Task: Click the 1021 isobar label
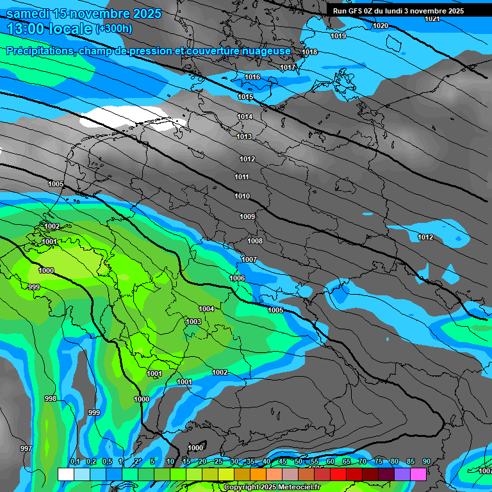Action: [432, 19]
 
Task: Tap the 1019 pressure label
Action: [338, 36]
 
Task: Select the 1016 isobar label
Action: [252, 77]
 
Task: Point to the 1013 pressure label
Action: [244, 136]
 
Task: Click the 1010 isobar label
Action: [242, 196]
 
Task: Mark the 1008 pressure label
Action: [255, 241]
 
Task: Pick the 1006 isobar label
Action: [237, 278]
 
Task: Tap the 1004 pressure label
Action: [206, 309]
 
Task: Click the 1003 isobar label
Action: [193, 322]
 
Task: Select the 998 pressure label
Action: [51, 398]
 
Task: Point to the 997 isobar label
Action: [26, 448]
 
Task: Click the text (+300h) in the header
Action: [114, 29]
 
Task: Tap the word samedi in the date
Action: [28, 13]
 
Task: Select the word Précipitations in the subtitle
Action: [39, 51]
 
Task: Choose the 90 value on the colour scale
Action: [426, 462]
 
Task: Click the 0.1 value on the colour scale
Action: [74, 462]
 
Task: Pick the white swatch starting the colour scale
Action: [65, 474]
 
